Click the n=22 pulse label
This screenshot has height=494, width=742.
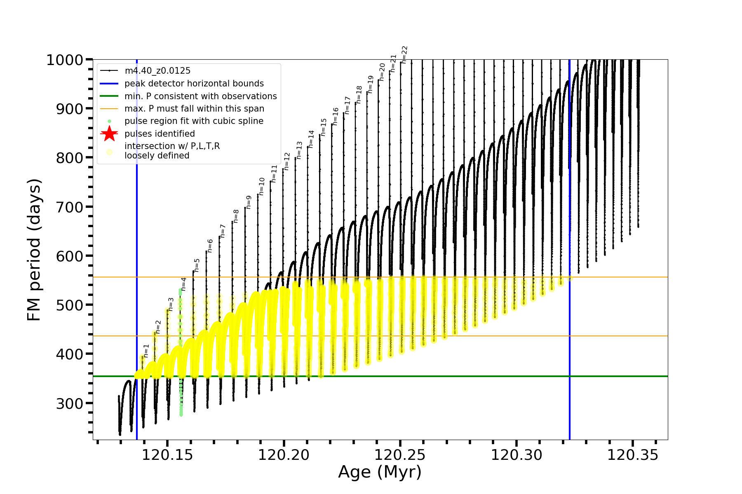[404, 55]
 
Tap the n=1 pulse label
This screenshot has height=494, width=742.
[146, 351]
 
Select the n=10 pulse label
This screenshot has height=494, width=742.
[262, 186]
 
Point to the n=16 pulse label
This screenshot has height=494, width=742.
[336, 117]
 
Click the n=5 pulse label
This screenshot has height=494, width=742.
[197, 266]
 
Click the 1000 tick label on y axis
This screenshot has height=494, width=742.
[65, 60]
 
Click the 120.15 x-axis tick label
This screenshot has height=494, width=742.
[167, 455]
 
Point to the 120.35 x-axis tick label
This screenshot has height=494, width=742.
[633, 455]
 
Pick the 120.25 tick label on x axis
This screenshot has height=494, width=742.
[400, 455]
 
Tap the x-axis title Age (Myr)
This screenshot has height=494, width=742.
[380, 472]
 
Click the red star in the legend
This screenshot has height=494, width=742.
[109, 133]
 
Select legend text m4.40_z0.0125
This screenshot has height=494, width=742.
[157, 71]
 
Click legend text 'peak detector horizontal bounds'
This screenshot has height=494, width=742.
[194, 84]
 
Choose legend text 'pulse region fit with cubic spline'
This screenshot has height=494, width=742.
[194, 121]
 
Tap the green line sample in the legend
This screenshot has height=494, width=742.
[109, 96]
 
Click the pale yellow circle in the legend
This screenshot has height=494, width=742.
[109, 152]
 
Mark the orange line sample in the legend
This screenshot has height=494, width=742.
[109, 109]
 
